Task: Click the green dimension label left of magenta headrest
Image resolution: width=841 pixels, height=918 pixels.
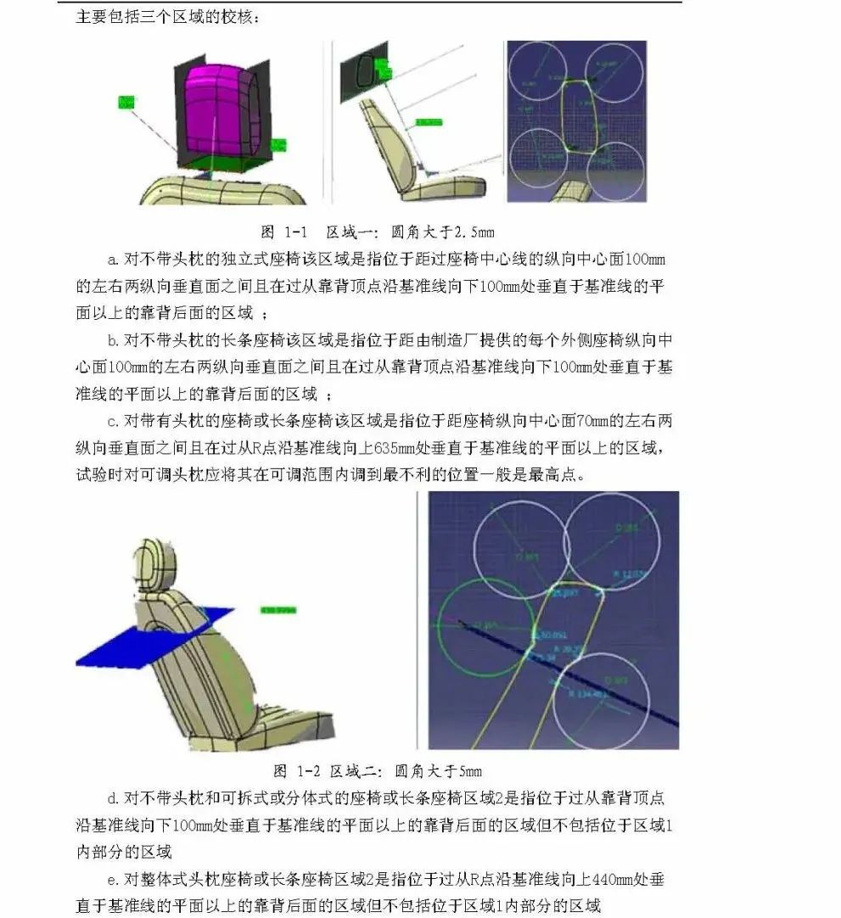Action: pyautogui.click(x=126, y=103)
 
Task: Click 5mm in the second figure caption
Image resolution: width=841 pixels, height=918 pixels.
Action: pyautogui.click(x=469, y=770)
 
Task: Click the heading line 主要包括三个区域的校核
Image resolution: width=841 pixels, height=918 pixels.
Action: pyautogui.click(x=169, y=16)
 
